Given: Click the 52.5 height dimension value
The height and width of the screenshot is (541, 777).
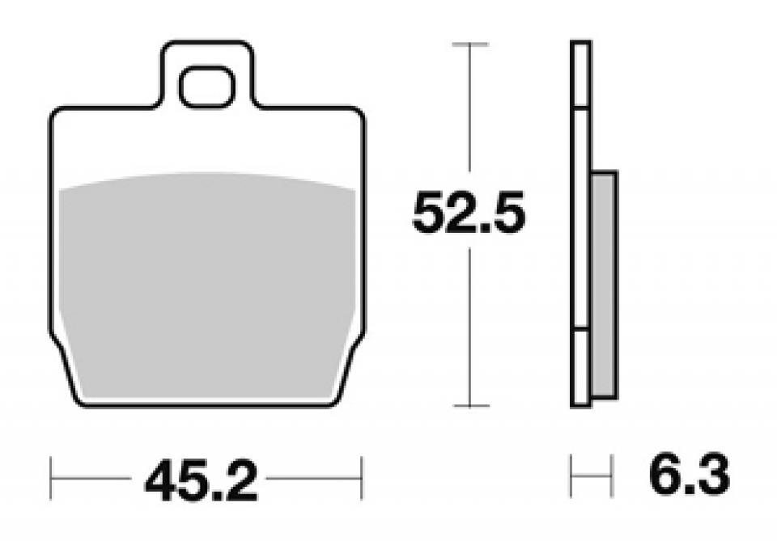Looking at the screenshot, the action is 469,213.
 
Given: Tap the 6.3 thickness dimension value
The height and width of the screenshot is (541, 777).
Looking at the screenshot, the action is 690,475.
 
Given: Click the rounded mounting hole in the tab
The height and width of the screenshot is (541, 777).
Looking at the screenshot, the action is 207,87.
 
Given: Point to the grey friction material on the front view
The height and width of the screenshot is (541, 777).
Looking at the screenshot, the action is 207,286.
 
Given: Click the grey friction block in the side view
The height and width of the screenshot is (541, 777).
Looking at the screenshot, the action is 605,285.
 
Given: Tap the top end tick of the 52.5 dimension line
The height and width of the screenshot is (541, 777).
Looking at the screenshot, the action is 470,44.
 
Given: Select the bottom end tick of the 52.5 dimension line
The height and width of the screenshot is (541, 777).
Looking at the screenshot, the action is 470,406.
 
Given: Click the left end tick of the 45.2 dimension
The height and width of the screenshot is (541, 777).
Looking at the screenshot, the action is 50,478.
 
